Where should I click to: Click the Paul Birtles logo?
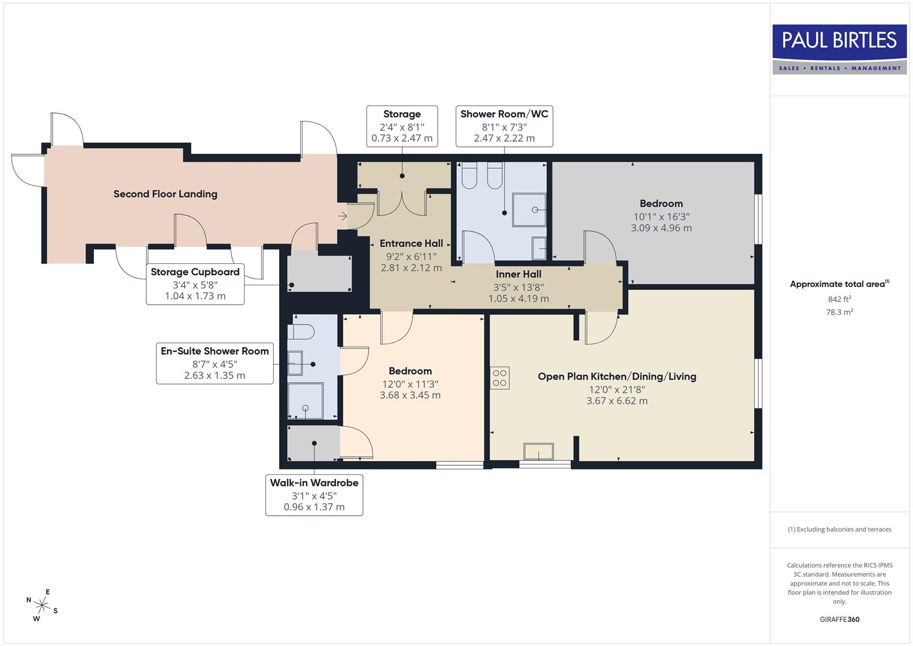coord(839,49)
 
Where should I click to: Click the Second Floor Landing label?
coord(165,194)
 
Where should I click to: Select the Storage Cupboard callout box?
coord(195,284)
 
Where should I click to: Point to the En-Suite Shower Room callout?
coord(215,363)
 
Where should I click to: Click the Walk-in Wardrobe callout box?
coord(314,495)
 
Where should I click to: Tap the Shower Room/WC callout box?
coord(504,126)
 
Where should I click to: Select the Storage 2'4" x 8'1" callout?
coord(402,126)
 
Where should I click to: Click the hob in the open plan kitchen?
coord(499,378)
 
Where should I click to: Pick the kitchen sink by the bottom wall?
coord(538,451)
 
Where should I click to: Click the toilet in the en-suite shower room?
coord(301,331)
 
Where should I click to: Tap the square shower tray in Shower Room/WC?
coord(529,209)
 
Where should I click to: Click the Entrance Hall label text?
coord(411,243)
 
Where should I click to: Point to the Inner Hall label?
coord(518,275)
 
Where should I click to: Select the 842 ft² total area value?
coord(839,299)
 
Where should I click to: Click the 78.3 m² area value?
coord(839,312)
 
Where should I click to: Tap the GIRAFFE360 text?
coord(839,620)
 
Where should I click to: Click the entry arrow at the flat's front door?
coord(343,216)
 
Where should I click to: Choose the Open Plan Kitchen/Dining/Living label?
coord(616,376)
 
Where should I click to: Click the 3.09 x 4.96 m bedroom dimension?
coord(661,228)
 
